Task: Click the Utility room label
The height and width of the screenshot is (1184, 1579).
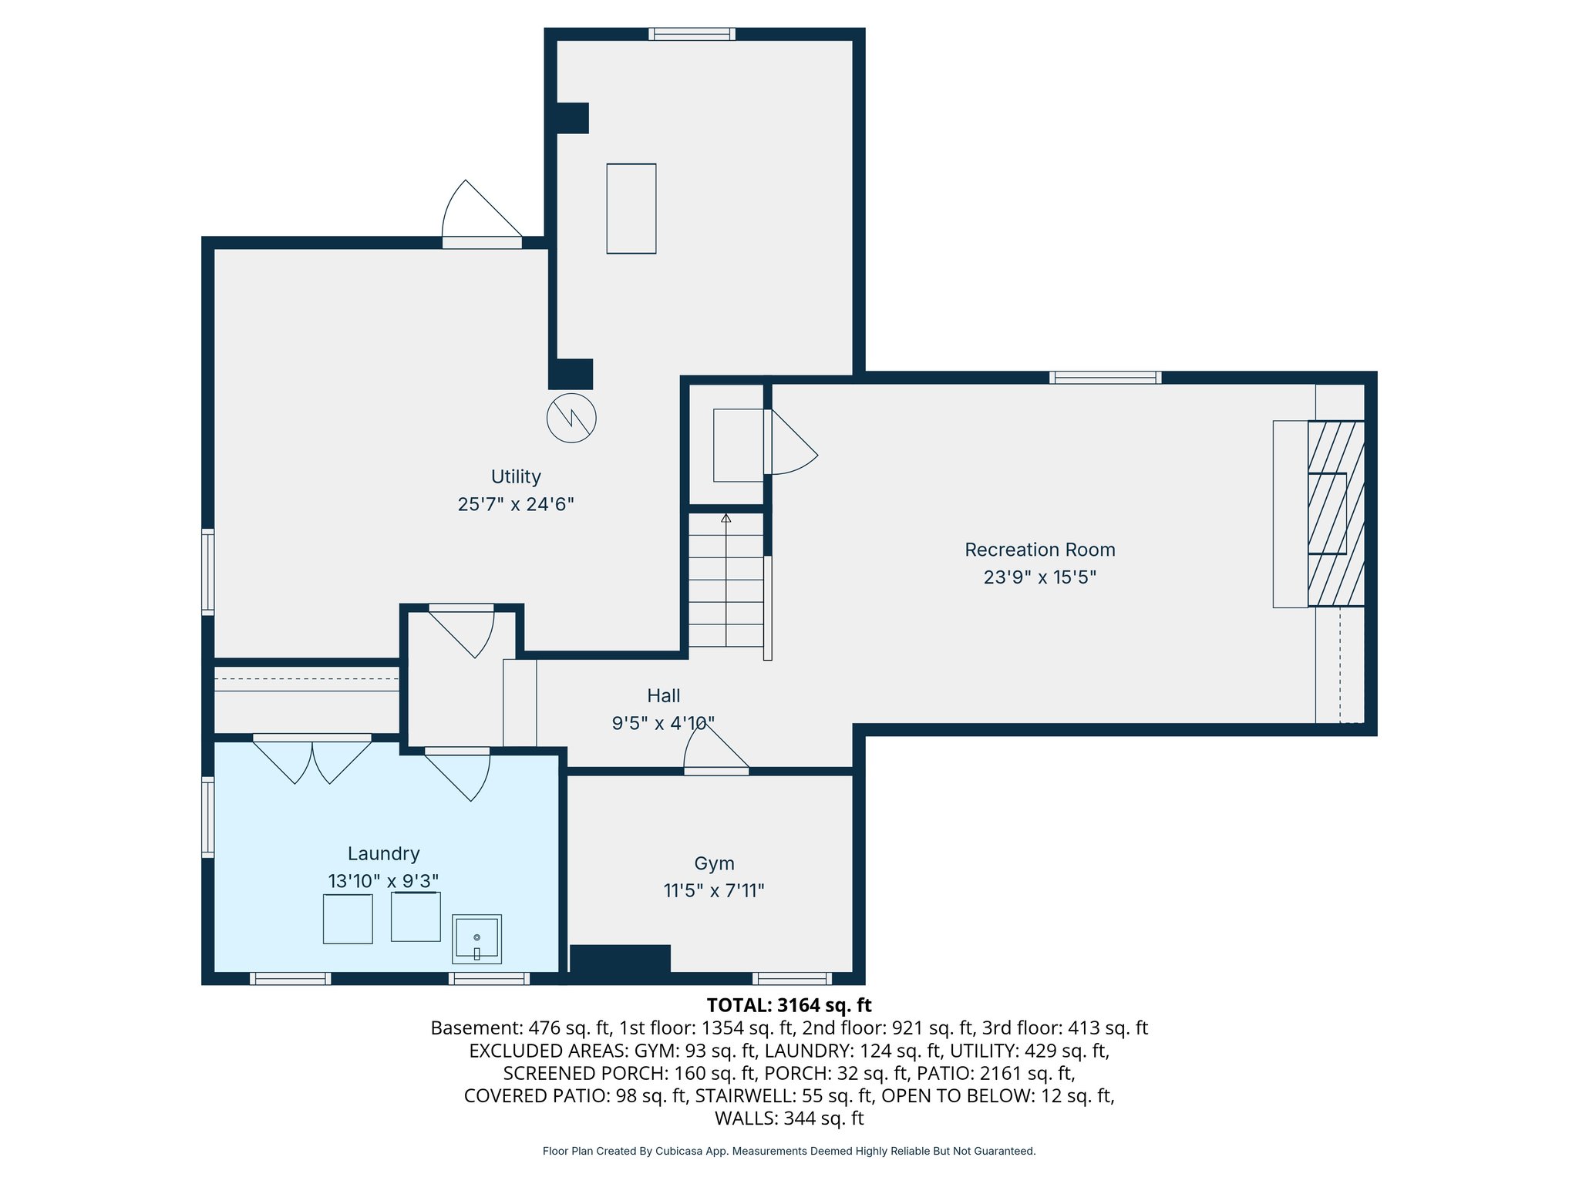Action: click(x=516, y=476)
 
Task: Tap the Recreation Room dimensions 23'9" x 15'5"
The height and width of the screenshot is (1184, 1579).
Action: click(x=1039, y=577)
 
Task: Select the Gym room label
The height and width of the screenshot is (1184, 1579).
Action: click(x=714, y=863)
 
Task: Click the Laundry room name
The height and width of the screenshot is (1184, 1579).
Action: click(x=383, y=853)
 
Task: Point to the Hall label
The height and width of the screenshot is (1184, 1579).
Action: click(x=663, y=695)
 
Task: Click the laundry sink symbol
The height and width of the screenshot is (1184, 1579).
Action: click(x=476, y=939)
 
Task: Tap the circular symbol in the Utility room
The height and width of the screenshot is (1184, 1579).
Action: click(x=571, y=418)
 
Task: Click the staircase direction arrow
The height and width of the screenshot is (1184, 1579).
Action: click(x=726, y=519)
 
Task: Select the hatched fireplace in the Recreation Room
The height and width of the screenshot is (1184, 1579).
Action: click(x=1335, y=513)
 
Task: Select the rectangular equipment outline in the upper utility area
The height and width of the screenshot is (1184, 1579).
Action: click(x=631, y=208)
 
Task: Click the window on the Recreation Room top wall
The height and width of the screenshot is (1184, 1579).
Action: click(x=1105, y=377)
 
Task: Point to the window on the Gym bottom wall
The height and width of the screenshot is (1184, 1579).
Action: click(x=792, y=978)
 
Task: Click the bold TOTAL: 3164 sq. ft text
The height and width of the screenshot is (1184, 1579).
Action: click(x=789, y=1005)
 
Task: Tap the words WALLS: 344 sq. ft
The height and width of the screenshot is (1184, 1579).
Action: click(x=789, y=1118)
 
